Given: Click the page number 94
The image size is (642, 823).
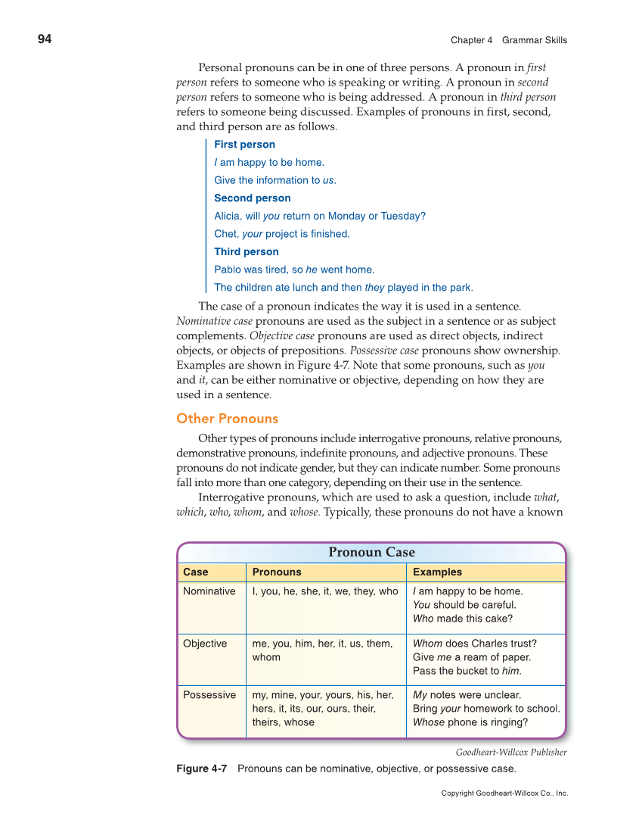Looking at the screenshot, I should coord(45,39).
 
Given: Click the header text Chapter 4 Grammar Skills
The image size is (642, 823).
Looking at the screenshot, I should coord(508,40).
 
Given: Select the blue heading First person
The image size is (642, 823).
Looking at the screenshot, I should coord(244,145).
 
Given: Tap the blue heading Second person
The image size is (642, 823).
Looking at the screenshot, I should coord(252,198).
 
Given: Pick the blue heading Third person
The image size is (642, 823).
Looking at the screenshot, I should coord(246,252).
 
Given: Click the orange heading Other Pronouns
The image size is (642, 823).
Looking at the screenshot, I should coord(227,419).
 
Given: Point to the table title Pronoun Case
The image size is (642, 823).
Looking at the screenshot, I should coord(371,552).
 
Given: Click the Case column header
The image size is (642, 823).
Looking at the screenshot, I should coord(195,572).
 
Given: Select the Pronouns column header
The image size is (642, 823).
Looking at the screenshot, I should coord(276,572).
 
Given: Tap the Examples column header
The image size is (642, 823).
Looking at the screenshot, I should coord(437,572).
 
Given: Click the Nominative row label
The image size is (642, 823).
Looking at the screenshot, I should coord(209,591).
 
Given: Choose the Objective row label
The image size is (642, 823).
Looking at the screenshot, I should coord(204,644).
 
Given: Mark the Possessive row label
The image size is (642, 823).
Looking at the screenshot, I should coord(209,695).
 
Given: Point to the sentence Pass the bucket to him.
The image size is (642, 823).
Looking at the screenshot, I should coord(467,671).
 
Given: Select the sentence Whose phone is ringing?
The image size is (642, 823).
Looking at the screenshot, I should coord(470,722).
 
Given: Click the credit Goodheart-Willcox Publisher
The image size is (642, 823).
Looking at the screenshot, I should coord(510,752).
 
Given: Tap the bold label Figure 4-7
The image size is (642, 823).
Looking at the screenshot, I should coord(201,769).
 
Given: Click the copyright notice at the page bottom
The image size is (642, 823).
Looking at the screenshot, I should coord(504,793).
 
